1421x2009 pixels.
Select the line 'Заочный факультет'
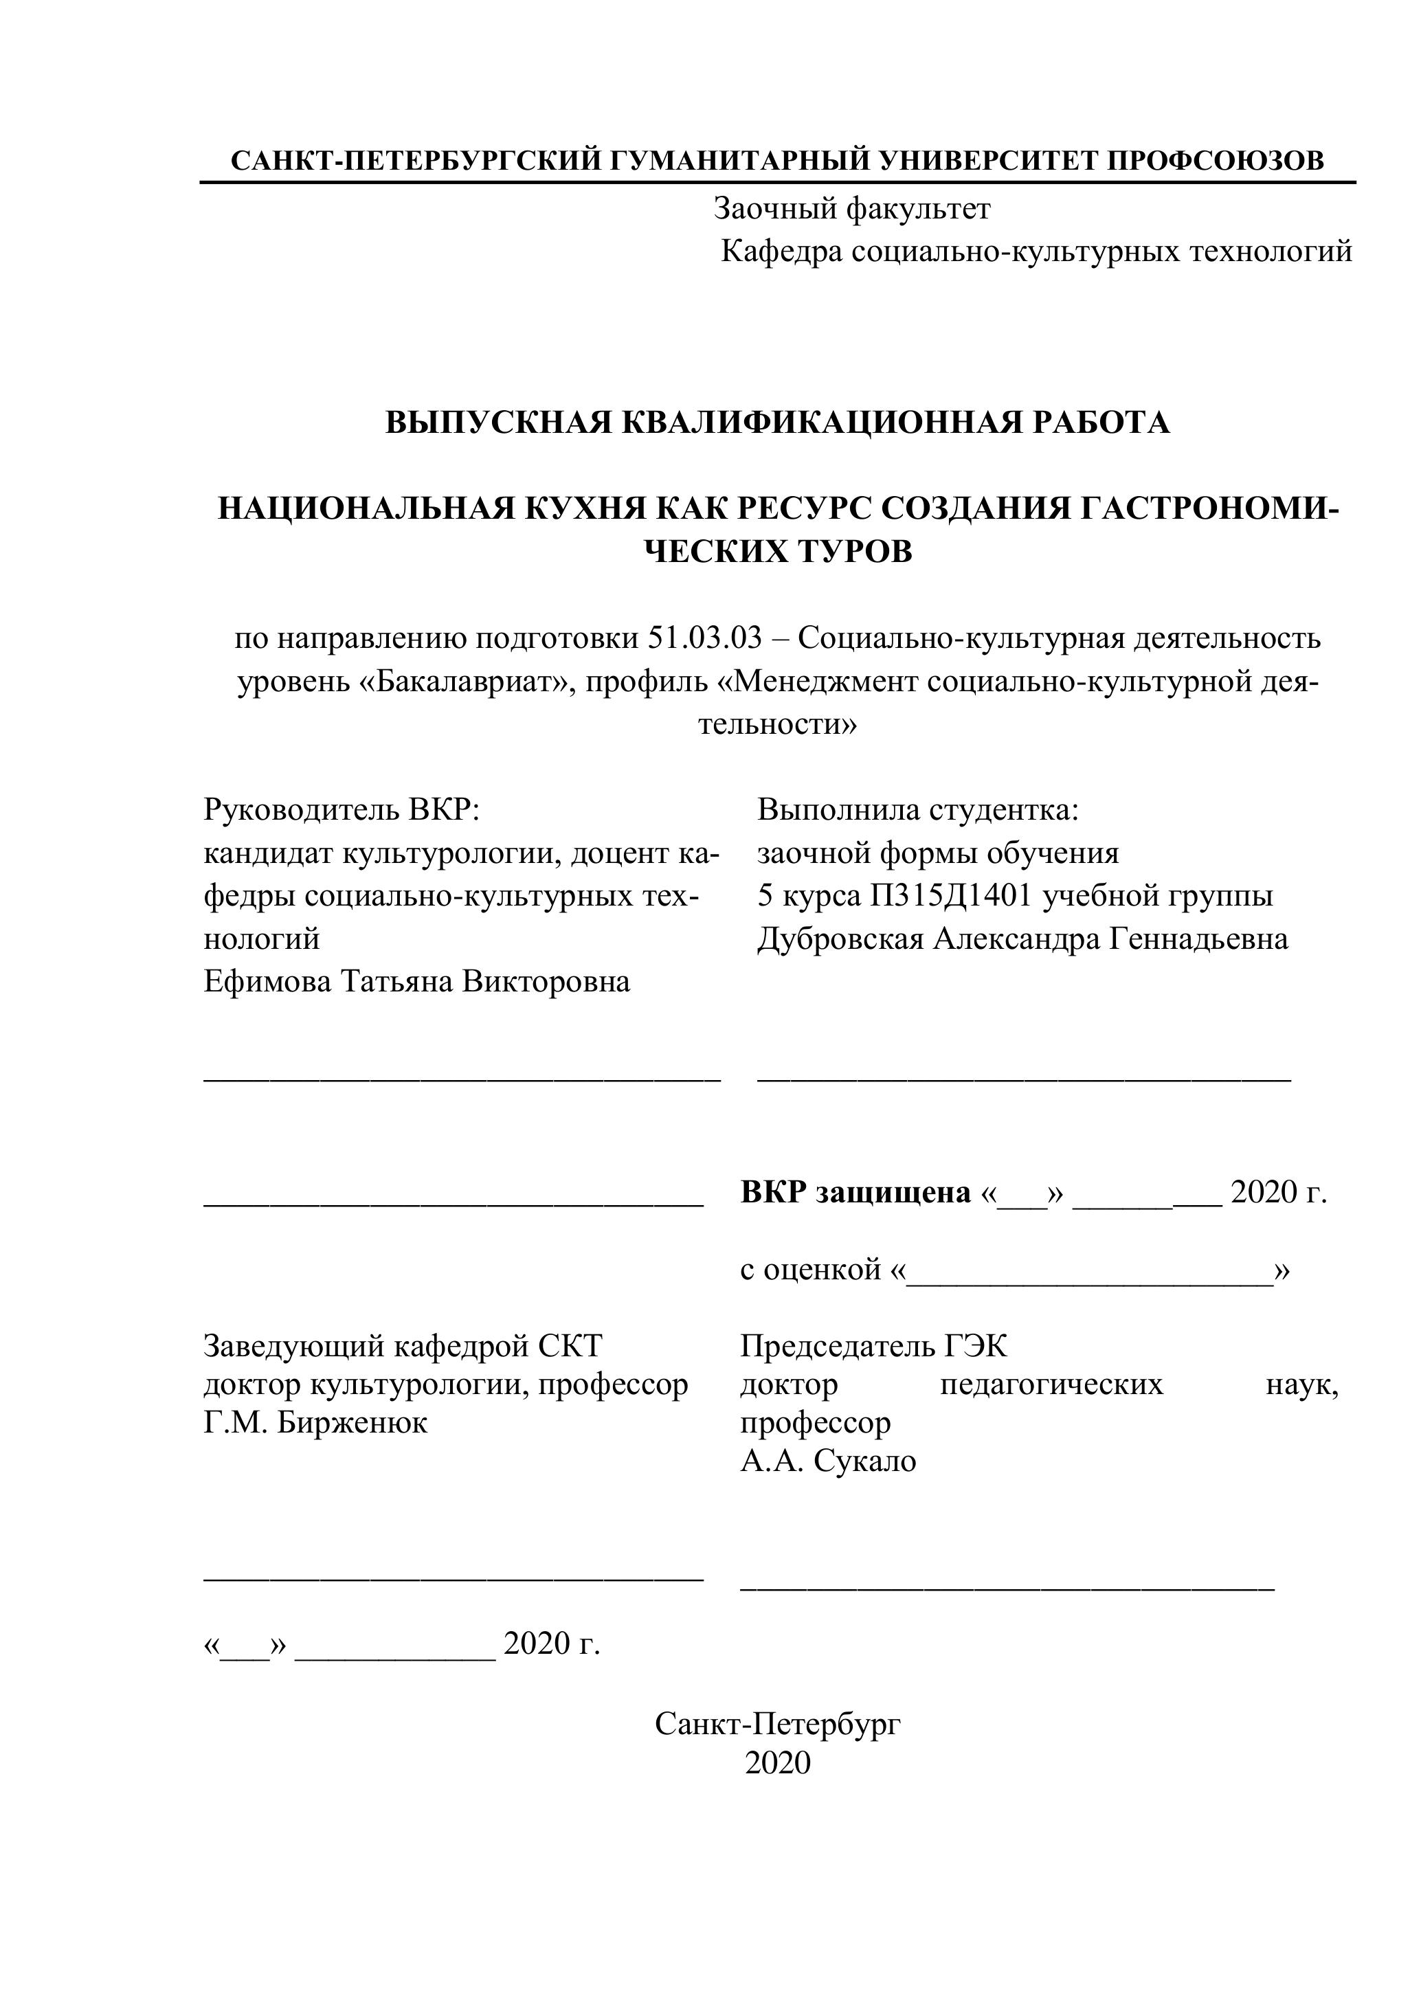point(852,209)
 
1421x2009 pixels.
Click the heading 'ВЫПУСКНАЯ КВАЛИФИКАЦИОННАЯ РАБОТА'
point(777,423)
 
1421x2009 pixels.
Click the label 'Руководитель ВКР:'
point(342,809)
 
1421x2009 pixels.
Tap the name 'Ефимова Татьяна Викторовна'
point(416,982)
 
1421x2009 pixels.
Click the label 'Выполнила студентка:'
point(918,809)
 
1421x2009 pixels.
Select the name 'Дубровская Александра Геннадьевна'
point(1022,939)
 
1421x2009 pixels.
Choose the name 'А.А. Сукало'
point(828,1461)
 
